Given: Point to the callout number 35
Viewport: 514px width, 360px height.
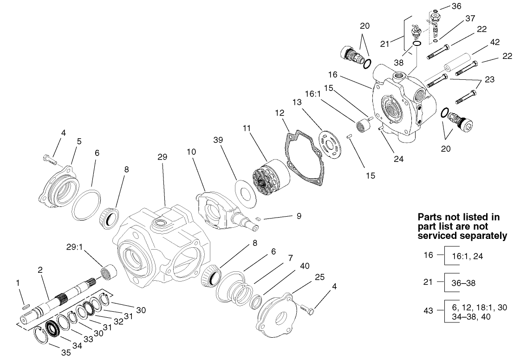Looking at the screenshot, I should click(x=66, y=353).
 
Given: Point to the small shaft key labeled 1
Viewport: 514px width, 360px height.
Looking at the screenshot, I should click(x=26, y=306).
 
